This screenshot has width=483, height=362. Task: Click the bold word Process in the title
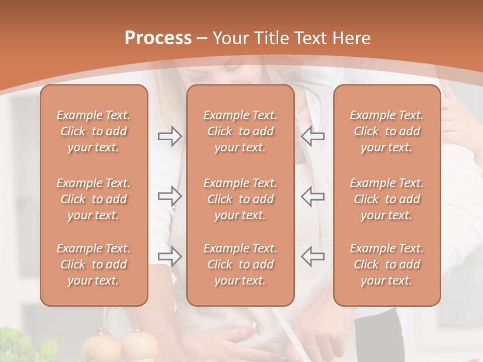(x=158, y=38)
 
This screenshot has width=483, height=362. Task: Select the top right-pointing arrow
(x=170, y=136)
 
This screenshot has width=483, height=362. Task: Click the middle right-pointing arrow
(x=170, y=196)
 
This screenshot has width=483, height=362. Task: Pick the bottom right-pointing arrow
(x=170, y=256)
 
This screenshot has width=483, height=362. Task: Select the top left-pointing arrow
(x=313, y=136)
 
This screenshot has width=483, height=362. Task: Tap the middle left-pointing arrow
(x=313, y=196)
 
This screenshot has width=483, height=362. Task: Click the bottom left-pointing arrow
(x=313, y=256)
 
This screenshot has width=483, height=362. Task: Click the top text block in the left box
(x=94, y=131)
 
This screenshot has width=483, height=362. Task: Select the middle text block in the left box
(x=94, y=199)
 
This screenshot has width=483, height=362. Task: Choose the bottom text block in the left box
(x=94, y=264)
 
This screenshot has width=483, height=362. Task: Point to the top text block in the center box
(x=240, y=131)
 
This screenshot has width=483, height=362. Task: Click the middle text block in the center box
(x=240, y=199)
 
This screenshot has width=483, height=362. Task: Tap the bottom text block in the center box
(x=240, y=264)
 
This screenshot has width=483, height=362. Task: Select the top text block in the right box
(x=386, y=131)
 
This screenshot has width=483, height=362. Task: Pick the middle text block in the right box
(x=386, y=199)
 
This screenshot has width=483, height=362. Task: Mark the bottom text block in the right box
(x=386, y=264)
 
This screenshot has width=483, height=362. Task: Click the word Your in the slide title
(x=232, y=38)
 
